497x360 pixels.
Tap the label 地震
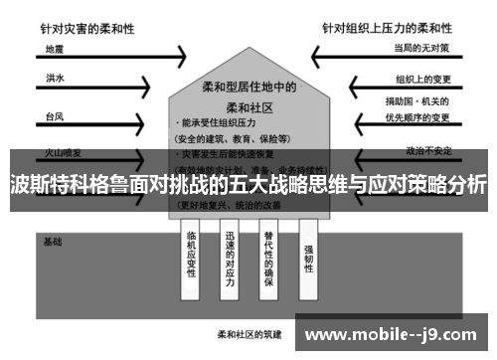pos(56,48)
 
